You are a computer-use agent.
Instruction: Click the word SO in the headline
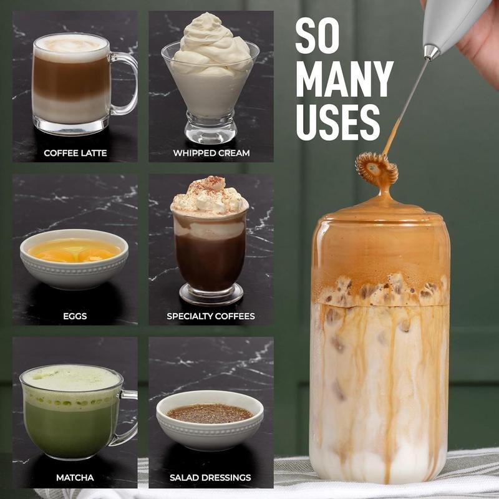point(318,37)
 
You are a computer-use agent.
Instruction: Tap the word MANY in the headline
point(344,80)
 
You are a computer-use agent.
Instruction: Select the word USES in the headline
point(337,122)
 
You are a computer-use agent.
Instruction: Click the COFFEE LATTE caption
point(75,153)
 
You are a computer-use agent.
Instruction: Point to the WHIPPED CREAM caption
point(211,153)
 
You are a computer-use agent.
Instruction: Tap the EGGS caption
point(75,316)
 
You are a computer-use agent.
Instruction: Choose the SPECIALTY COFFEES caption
point(211,316)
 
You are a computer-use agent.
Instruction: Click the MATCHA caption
point(75,478)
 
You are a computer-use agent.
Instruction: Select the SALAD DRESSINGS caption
point(210,478)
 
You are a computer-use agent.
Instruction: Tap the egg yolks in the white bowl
point(75,253)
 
